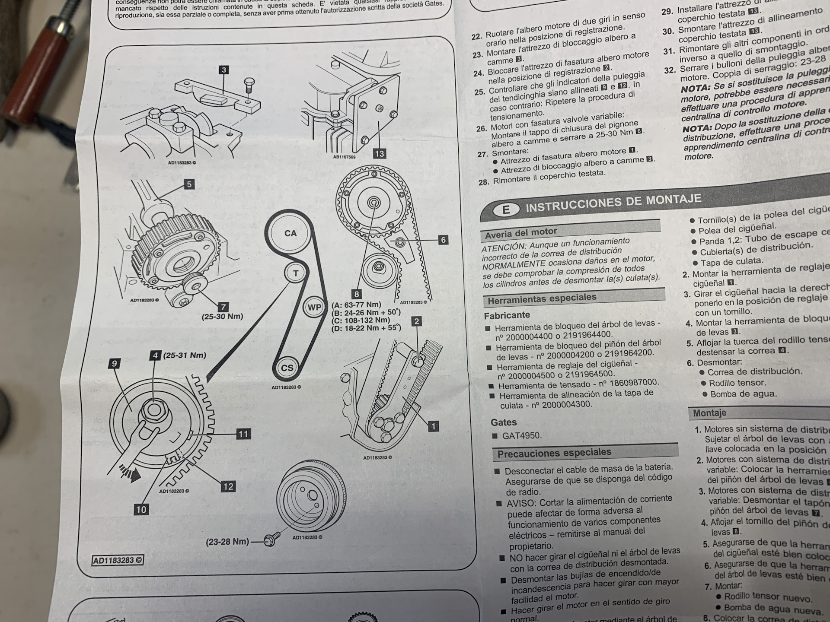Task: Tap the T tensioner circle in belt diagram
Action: coord(296,273)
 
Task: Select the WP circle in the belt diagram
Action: coord(314,307)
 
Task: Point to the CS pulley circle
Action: coord(287,368)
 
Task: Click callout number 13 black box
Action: coord(379,153)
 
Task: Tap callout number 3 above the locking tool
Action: coord(223,70)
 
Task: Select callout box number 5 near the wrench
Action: coord(189,184)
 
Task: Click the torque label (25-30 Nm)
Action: coord(222,316)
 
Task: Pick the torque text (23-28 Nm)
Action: coord(227,542)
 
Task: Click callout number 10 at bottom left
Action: coord(141,509)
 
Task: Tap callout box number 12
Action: coord(228,486)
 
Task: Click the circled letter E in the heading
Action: coord(505,210)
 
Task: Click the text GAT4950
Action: coord(521,435)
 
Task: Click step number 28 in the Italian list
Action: coord(483,182)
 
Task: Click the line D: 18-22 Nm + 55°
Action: coord(366,328)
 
